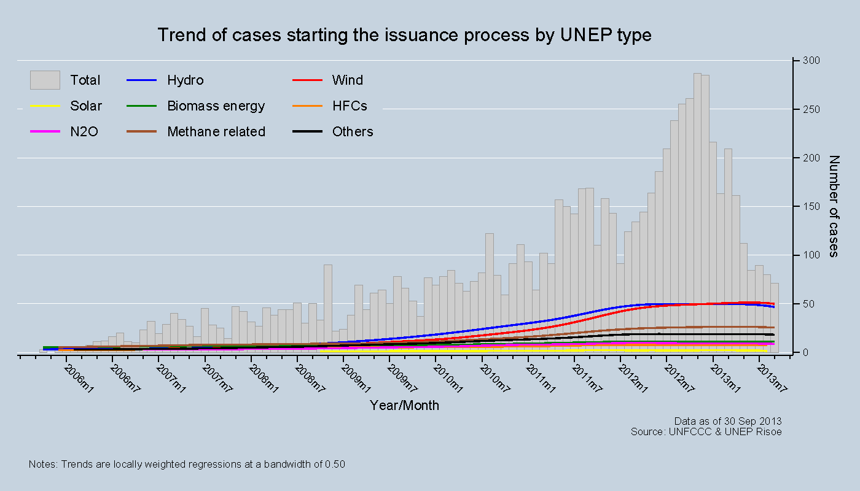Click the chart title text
click(x=404, y=35)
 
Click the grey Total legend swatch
click(x=45, y=80)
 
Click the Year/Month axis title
click(x=404, y=406)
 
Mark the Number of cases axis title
click(x=834, y=206)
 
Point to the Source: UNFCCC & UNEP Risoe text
click(x=706, y=431)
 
